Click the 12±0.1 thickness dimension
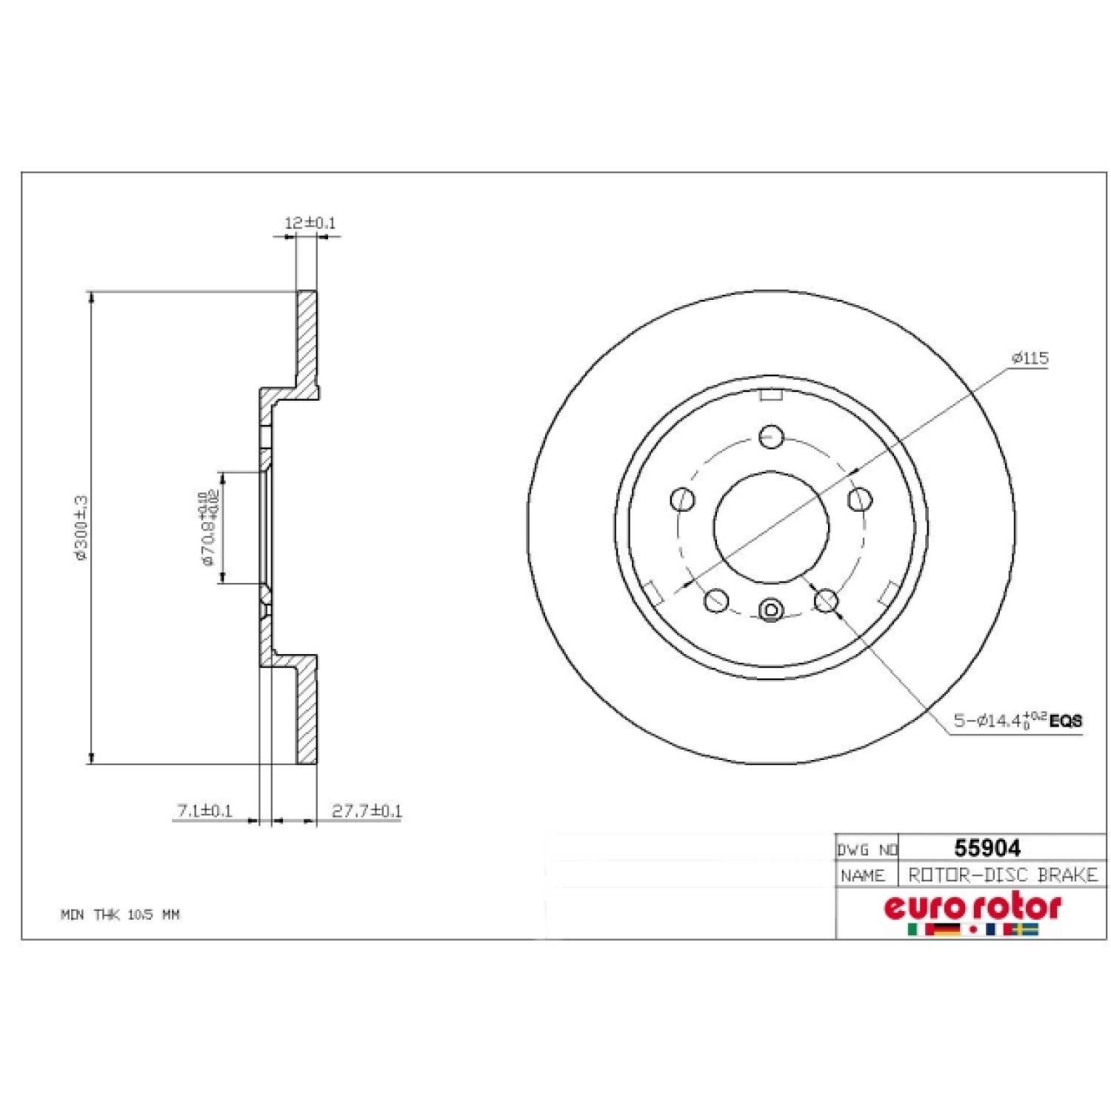point(310,222)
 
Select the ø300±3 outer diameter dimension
point(81,527)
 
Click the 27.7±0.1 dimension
point(366,811)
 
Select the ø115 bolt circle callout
point(1030,358)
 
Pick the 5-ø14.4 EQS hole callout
point(1017,719)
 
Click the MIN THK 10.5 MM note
point(120,915)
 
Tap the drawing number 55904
point(987,847)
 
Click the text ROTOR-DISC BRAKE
point(1002,875)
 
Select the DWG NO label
point(867,850)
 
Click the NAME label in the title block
point(863,876)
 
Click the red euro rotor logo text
point(972,907)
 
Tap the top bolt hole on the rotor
point(771,436)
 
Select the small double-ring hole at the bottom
point(771,610)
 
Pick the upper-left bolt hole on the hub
point(682,499)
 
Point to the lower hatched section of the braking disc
point(307,711)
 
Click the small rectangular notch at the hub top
point(771,395)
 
